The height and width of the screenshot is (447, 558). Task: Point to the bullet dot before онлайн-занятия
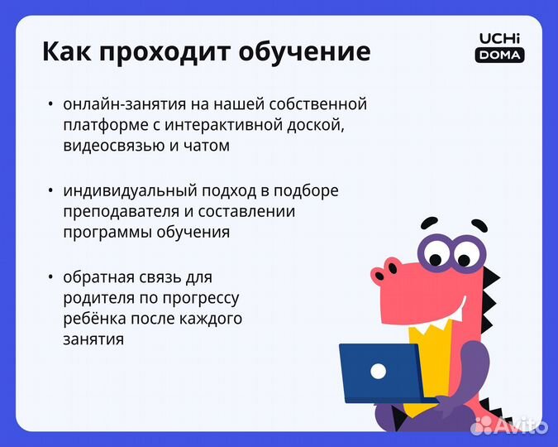coord(50,105)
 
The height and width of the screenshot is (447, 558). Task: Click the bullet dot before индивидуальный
coord(50,191)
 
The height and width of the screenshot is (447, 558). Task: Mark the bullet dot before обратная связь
coord(50,276)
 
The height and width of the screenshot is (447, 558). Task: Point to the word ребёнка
coord(92,318)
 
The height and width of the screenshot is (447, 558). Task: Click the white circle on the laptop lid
coord(378,371)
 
